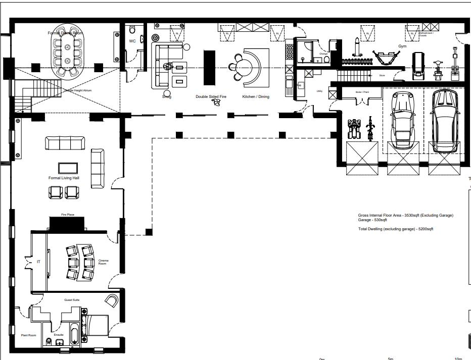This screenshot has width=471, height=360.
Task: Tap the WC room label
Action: [x=132, y=41]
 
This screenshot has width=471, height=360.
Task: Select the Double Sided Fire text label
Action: [x=211, y=96]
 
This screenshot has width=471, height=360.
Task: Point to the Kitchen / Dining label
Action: [x=256, y=96]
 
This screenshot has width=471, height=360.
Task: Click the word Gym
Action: [x=402, y=46]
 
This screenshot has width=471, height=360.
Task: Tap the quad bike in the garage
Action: [x=354, y=129]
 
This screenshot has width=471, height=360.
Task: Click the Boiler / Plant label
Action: [x=362, y=92]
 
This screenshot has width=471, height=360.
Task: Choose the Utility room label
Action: [x=319, y=91]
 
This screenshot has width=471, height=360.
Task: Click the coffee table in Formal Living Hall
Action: [x=68, y=168]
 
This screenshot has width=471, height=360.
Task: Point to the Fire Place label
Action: [x=68, y=215]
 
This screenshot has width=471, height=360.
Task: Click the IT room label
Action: [x=38, y=262]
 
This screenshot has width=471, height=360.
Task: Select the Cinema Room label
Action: [x=103, y=262]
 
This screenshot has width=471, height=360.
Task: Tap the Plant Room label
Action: [x=28, y=335]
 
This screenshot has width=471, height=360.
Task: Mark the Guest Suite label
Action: [x=72, y=300]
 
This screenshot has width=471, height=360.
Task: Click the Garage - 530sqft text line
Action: [x=373, y=220]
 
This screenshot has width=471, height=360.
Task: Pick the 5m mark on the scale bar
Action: [x=390, y=359]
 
